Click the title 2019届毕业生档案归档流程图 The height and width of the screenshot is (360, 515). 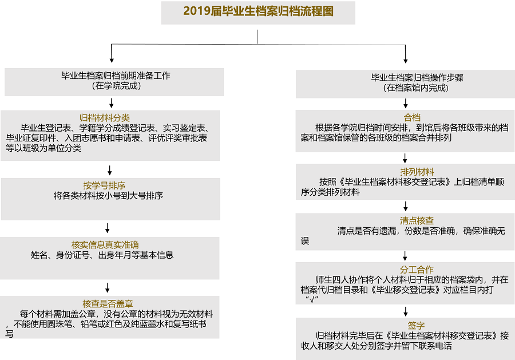tap(258, 11)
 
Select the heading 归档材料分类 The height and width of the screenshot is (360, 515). tap(105, 118)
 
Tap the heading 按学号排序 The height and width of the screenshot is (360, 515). tap(104, 185)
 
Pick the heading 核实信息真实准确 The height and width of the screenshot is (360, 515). tap(105, 245)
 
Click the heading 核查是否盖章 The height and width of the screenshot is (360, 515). tap(108, 304)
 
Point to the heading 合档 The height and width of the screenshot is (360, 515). tap(412, 117)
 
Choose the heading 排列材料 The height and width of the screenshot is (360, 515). tap(417, 172)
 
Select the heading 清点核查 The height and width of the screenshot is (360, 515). tap(417, 221)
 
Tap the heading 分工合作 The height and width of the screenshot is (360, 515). tap(417, 270)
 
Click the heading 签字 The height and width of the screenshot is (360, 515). tap(416, 326)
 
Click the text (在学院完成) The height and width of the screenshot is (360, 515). tap(116, 86)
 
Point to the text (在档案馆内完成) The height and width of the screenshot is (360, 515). tap(416, 88)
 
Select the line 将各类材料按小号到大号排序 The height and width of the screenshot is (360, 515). tap(108, 196)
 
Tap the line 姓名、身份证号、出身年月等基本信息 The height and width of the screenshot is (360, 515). tap(102, 255)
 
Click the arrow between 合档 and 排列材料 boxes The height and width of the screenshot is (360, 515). tap(405, 159)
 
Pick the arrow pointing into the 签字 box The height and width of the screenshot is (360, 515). tap(406, 311)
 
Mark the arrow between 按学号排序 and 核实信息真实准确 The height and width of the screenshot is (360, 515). tap(107, 228)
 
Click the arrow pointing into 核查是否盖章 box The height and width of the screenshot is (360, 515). tap(107, 287)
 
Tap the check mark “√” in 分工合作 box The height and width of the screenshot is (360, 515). tap(312, 299)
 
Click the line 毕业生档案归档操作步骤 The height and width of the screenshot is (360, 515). tap(417, 78)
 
